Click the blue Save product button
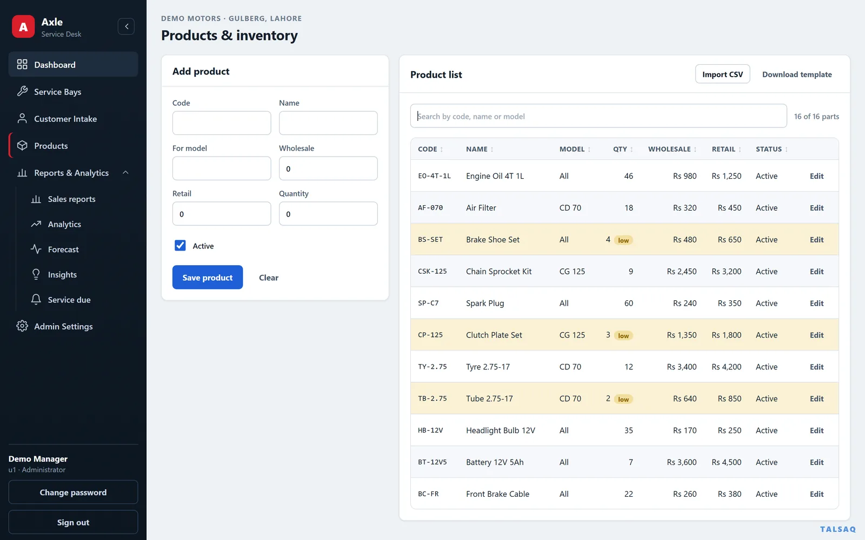tap(208, 277)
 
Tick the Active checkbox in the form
tap(180, 245)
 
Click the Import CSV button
tap(722, 74)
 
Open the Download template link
tap(797, 74)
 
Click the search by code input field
tap(598, 116)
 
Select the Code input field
tap(222, 123)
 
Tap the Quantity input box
tap(328, 214)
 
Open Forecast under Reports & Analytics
tap(63, 249)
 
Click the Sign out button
tap(73, 522)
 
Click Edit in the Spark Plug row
tap(816, 303)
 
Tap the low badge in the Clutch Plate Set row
tap(623, 335)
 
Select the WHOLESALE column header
tap(669, 149)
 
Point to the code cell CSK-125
tap(432, 271)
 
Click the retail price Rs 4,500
tap(727, 462)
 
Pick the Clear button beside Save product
tap(268, 278)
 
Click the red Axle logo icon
tap(23, 26)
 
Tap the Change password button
tap(73, 492)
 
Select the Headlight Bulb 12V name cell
tap(501, 430)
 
